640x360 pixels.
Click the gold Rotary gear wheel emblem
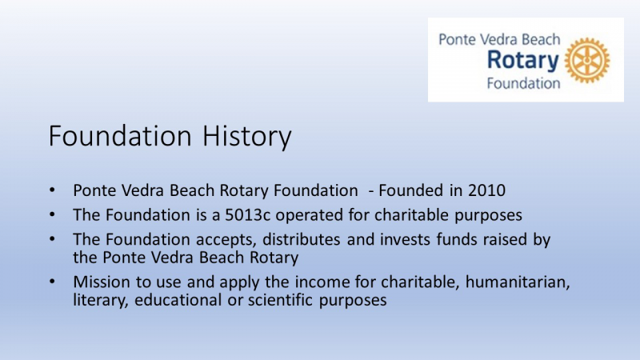click(x=587, y=61)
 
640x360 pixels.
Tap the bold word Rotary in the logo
click(x=523, y=61)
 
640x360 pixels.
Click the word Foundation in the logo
click(x=523, y=83)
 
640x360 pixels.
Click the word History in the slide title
click(x=247, y=136)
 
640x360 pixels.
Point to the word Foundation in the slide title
click(x=120, y=135)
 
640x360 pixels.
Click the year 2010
click(x=486, y=190)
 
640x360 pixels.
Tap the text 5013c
click(x=248, y=214)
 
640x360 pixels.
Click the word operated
click(x=310, y=214)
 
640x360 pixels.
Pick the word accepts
click(x=226, y=239)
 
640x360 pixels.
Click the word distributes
click(x=302, y=239)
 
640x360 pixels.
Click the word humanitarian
click(x=518, y=282)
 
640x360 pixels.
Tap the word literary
click(x=101, y=300)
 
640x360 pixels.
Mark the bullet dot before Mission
click(x=52, y=282)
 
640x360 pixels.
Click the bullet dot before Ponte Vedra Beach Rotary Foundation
click(x=52, y=190)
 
